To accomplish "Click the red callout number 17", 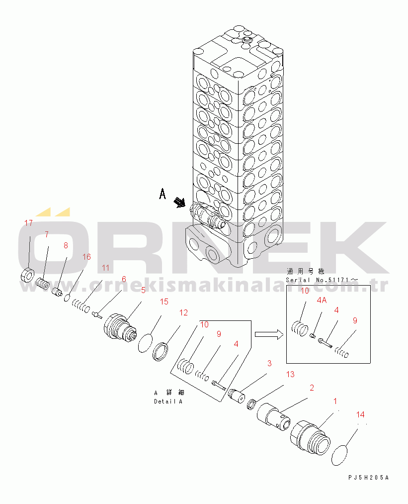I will pos(29,223).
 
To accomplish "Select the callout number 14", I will pos(361,414).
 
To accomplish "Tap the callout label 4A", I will pos(322,300).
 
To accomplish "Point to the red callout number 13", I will pos(290,374).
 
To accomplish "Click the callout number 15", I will pos(164,302).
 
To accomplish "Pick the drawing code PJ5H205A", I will pos(368,478).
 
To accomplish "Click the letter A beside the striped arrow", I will pos(162,194).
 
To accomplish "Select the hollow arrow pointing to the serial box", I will pos(267,335).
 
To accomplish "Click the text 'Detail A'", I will pos(168,402).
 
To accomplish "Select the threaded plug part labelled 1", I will pos(310,436).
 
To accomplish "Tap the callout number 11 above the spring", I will pos(105,268).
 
